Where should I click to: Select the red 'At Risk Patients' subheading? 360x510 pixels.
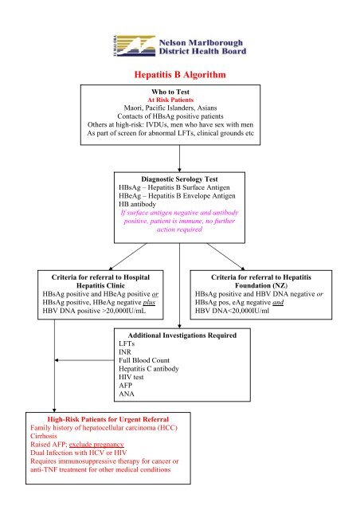point(179,100)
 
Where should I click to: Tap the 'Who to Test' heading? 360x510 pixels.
point(179,92)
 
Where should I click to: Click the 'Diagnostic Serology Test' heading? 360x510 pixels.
point(180,180)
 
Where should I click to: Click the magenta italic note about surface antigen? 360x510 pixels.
point(179,222)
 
